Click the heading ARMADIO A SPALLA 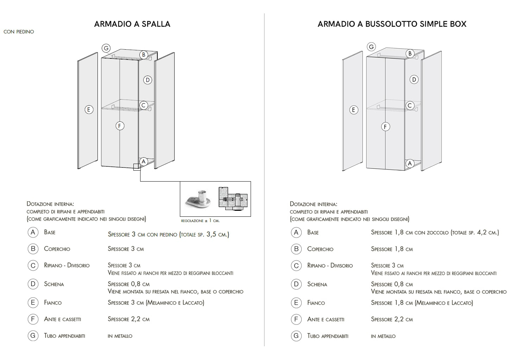tap(132, 24)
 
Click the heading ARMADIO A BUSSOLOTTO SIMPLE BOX tap(392, 24)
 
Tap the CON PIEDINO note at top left tap(19, 32)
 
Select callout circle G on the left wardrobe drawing tap(106, 48)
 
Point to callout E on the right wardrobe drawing tap(353, 110)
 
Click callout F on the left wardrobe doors tap(120, 126)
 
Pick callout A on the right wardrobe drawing tap(409, 164)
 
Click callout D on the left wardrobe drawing tap(147, 80)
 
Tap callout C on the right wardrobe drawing tap(410, 106)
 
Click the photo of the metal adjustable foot tap(198, 200)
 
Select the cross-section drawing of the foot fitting tap(233, 199)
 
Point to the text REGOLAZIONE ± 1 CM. tap(200, 221)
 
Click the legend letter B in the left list tap(33, 249)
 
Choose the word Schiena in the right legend tap(317, 284)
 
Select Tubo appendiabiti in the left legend tap(64, 336)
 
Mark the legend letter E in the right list tap(296, 303)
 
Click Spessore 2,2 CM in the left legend tap(128, 319)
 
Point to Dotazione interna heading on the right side tap(313, 204)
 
